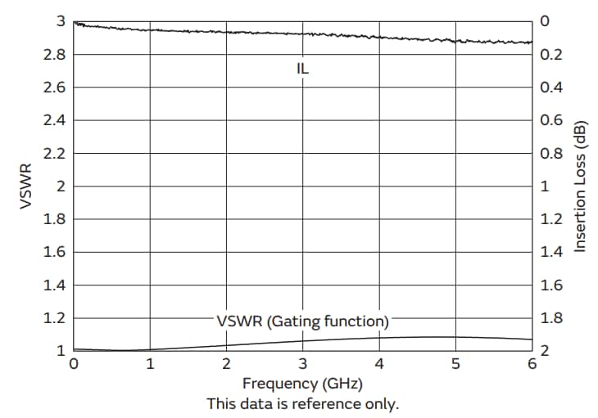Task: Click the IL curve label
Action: click(302, 69)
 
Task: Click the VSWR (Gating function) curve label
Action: click(302, 320)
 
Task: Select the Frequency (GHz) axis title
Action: click(302, 383)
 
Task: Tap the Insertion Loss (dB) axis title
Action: click(580, 186)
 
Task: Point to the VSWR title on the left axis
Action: click(25, 186)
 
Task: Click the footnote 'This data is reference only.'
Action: click(302, 403)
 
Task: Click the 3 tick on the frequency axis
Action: click(302, 363)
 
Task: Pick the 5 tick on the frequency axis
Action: click(455, 363)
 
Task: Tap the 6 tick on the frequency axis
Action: click(532, 363)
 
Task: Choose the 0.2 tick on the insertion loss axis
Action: click(550, 55)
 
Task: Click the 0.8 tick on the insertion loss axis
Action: click(550, 153)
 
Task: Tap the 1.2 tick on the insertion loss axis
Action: click(550, 219)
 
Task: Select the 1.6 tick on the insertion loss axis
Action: click(550, 285)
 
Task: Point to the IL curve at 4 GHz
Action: click(379, 37)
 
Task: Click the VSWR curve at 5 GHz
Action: click(455, 337)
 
